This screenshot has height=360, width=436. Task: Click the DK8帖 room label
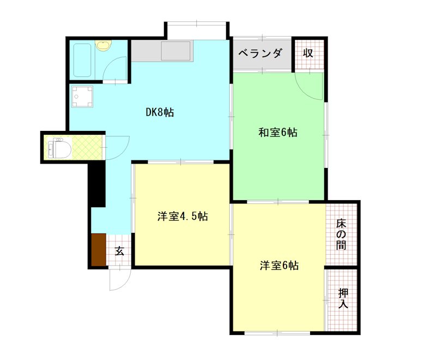(x=160, y=113)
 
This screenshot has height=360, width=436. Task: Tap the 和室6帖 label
(x=278, y=132)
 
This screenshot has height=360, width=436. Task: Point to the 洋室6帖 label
(x=278, y=266)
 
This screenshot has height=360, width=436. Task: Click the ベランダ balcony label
(x=261, y=53)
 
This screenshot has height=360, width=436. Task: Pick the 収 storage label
(x=308, y=53)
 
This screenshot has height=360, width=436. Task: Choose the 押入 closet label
(x=343, y=298)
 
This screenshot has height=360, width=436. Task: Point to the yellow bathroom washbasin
(x=102, y=45)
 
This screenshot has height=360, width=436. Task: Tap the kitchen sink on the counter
(x=175, y=51)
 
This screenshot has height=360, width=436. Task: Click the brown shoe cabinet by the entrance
(x=99, y=250)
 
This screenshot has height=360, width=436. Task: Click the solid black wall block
(x=96, y=185)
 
